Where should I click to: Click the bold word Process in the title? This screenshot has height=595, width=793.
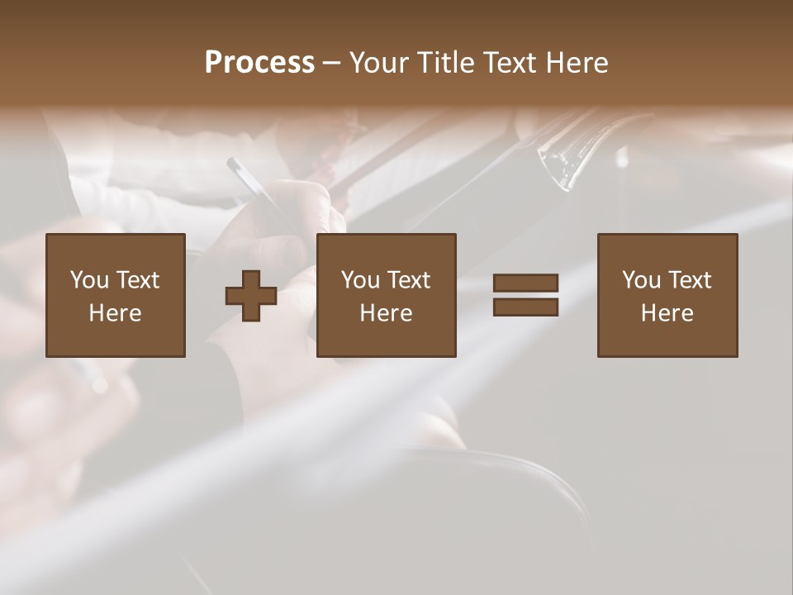(259, 63)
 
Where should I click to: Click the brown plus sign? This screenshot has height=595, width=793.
(251, 296)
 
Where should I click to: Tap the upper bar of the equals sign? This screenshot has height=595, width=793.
(525, 283)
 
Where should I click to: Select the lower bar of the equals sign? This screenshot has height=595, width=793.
(525, 307)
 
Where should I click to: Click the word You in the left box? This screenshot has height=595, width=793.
(90, 280)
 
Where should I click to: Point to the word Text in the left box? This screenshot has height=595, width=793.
(137, 280)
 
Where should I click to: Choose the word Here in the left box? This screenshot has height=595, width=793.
(115, 313)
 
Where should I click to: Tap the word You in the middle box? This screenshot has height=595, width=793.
(361, 280)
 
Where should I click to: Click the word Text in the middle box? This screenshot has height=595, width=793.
(408, 280)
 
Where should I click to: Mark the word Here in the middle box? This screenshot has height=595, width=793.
(386, 313)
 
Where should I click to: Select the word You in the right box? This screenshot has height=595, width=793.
(642, 280)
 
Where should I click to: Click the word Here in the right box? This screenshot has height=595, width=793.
(667, 313)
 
